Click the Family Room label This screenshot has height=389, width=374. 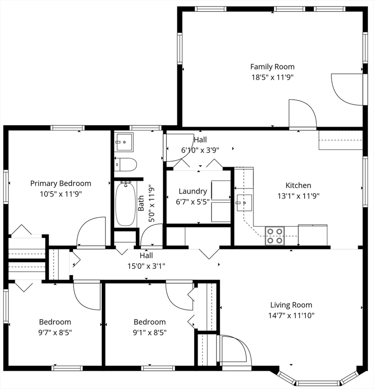272,67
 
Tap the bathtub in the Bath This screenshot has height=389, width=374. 126,204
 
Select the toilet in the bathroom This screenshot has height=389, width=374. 126,165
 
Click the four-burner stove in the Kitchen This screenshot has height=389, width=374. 275,236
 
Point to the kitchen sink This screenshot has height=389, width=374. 244,203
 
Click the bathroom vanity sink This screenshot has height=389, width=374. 124,142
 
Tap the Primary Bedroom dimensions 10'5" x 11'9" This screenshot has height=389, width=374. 61,194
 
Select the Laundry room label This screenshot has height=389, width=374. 193,191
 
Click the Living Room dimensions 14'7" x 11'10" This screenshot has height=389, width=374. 291,316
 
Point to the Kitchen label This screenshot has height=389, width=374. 298,185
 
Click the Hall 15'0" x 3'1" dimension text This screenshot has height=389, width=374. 146,266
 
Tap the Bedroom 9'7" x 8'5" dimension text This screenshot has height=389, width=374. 55,332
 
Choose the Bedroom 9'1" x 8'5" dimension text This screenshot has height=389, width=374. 149,332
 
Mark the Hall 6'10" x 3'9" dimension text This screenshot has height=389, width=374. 200,150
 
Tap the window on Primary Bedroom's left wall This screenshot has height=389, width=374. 6,187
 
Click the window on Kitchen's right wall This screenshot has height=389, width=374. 365,182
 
